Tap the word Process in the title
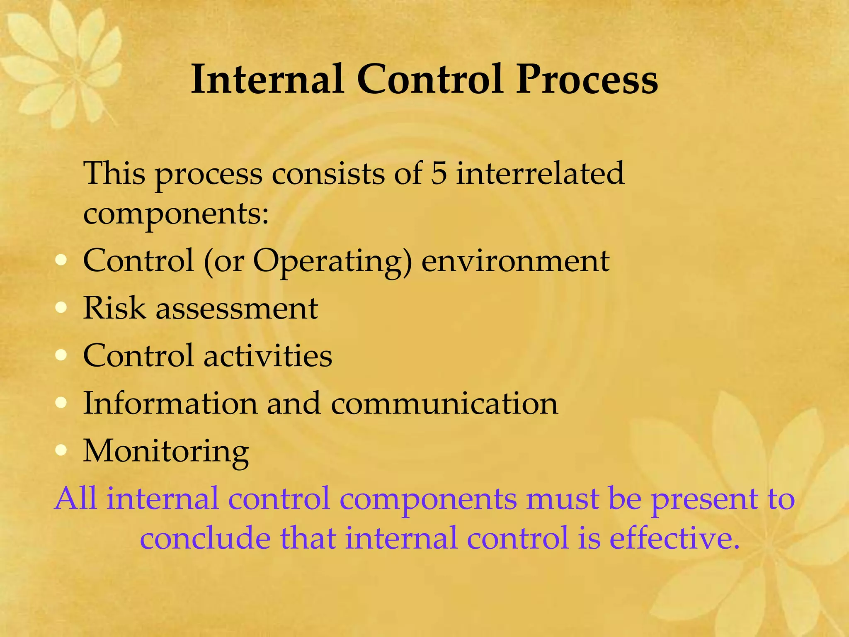tap(587, 79)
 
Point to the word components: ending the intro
tap(176, 214)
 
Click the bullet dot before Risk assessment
tap(61, 308)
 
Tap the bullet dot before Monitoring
tap(61, 450)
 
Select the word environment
tap(515, 261)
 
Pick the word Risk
tap(114, 308)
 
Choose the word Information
tap(170, 403)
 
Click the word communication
tap(444, 403)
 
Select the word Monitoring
tap(166, 451)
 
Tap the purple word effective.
tap(674, 537)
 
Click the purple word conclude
tap(205, 537)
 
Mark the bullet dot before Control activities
tap(61, 355)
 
